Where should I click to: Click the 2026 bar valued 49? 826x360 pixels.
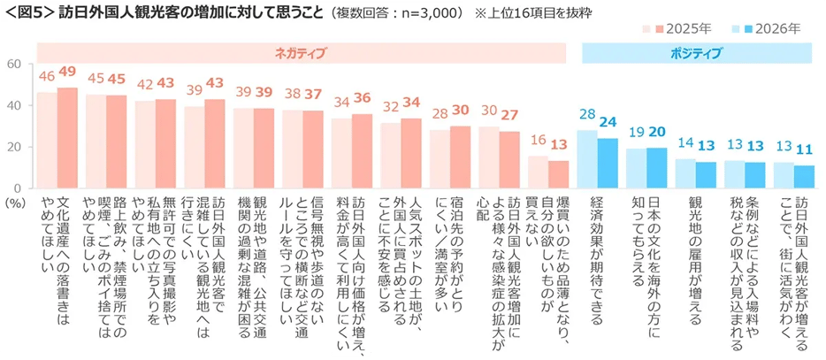click(x=68, y=138)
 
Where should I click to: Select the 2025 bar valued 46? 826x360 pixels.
click(x=47, y=141)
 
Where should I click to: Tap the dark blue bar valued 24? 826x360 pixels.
click(x=608, y=164)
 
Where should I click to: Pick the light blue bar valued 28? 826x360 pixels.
click(x=587, y=159)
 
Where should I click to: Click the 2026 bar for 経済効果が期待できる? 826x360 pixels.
click(x=608, y=164)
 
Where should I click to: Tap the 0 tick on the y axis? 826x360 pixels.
click(x=18, y=188)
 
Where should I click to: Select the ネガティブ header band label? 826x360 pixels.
click(x=302, y=54)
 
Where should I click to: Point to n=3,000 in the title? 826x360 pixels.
click(x=425, y=14)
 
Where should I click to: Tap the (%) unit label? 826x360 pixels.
click(x=15, y=203)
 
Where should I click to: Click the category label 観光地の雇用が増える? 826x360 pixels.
click(x=694, y=257)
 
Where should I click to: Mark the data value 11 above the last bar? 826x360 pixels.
click(x=803, y=149)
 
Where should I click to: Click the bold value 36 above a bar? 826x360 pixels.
click(x=362, y=99)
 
